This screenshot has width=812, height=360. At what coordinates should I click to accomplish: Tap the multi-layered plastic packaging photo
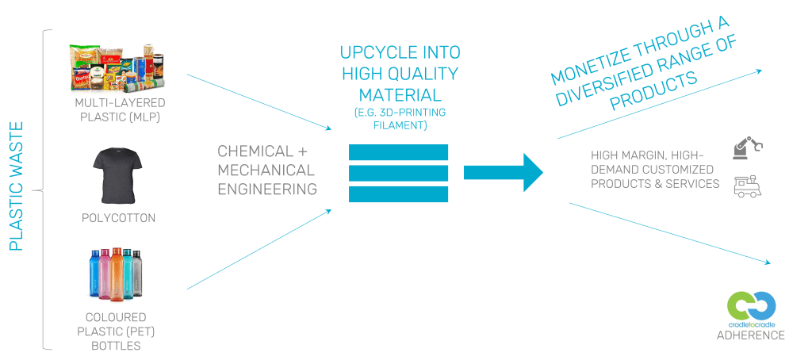tap(117, 65)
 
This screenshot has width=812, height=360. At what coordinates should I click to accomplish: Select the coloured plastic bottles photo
tap(116, 274)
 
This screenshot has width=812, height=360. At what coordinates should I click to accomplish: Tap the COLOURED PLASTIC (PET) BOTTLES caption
tap(116, 331)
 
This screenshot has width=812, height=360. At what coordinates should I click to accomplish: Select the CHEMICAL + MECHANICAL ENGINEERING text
tap(266, 170)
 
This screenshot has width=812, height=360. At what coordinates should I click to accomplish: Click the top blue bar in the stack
tap(398, 152)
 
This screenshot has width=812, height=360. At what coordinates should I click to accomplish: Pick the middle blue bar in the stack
tap(398, 173)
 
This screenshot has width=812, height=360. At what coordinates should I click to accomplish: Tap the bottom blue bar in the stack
tap(398, 193)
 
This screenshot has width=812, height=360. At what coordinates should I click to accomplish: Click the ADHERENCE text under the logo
tap(751, 336)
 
